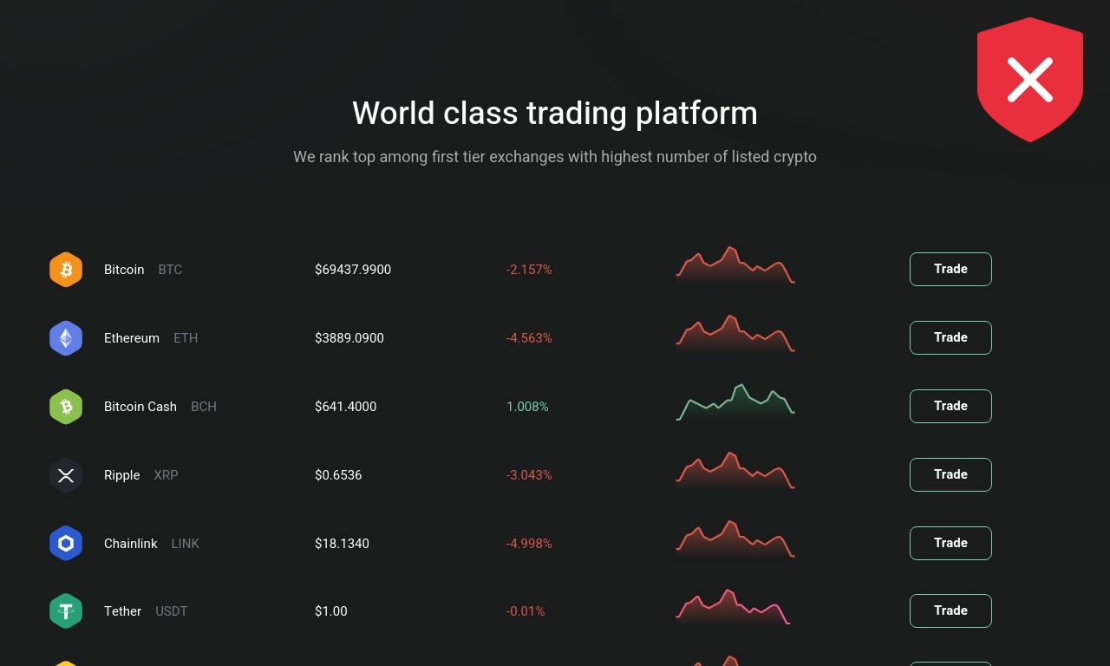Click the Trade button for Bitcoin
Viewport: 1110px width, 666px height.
(950, 269)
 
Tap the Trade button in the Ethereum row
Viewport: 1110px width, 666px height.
(950, 337)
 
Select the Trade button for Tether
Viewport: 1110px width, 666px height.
(950, 610)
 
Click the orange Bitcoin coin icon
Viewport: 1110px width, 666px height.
(66, 269)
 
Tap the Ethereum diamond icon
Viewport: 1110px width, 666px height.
(66, 338)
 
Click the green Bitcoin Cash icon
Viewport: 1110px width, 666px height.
(66, 407)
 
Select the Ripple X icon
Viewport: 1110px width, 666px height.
(66, 475)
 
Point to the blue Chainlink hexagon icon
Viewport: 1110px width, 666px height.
(66, 543)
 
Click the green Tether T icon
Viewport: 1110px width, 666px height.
(66, 611)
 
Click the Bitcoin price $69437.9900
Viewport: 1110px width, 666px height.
(353, 270)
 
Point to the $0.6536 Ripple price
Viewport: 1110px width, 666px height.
(338, 474)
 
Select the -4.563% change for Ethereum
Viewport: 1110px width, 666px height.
(529, 338)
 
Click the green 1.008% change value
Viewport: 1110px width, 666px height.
(527, 407)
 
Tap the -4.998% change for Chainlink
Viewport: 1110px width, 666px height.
(529, 543)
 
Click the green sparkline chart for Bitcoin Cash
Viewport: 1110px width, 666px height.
(736, 402)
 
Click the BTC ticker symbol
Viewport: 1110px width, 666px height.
(170, 270)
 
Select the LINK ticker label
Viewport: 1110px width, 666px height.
(185, 544)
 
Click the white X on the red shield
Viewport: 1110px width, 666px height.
(1029, 80)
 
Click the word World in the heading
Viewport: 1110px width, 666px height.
(394, 113)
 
